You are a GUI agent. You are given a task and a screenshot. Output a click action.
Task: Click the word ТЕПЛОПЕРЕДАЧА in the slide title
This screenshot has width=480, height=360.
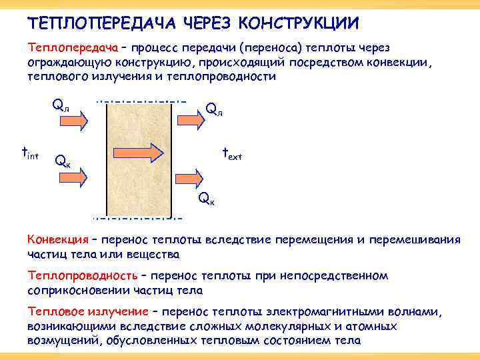tap(92, 23)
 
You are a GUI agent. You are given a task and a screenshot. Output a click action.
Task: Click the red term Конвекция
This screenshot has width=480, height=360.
tap(57, 240)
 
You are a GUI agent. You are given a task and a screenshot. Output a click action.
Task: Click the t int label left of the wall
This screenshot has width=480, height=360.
tap(30, 154)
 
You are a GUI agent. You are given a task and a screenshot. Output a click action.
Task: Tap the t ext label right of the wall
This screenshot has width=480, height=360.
tap(231, 154)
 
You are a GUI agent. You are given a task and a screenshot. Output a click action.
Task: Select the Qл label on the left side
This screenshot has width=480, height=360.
tap(61, 105)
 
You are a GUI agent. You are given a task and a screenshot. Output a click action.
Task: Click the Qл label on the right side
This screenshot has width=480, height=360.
tap(214, 109)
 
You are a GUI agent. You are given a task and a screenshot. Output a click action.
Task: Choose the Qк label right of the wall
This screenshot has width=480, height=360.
tap(207, 199)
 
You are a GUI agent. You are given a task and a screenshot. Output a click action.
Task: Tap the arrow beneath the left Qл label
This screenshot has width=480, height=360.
tap(74, 121)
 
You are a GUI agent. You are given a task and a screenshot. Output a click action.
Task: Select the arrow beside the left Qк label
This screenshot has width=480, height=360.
tap(74, 177)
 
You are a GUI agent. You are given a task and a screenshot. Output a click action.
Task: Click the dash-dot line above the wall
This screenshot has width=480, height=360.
tap(141, 101)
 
